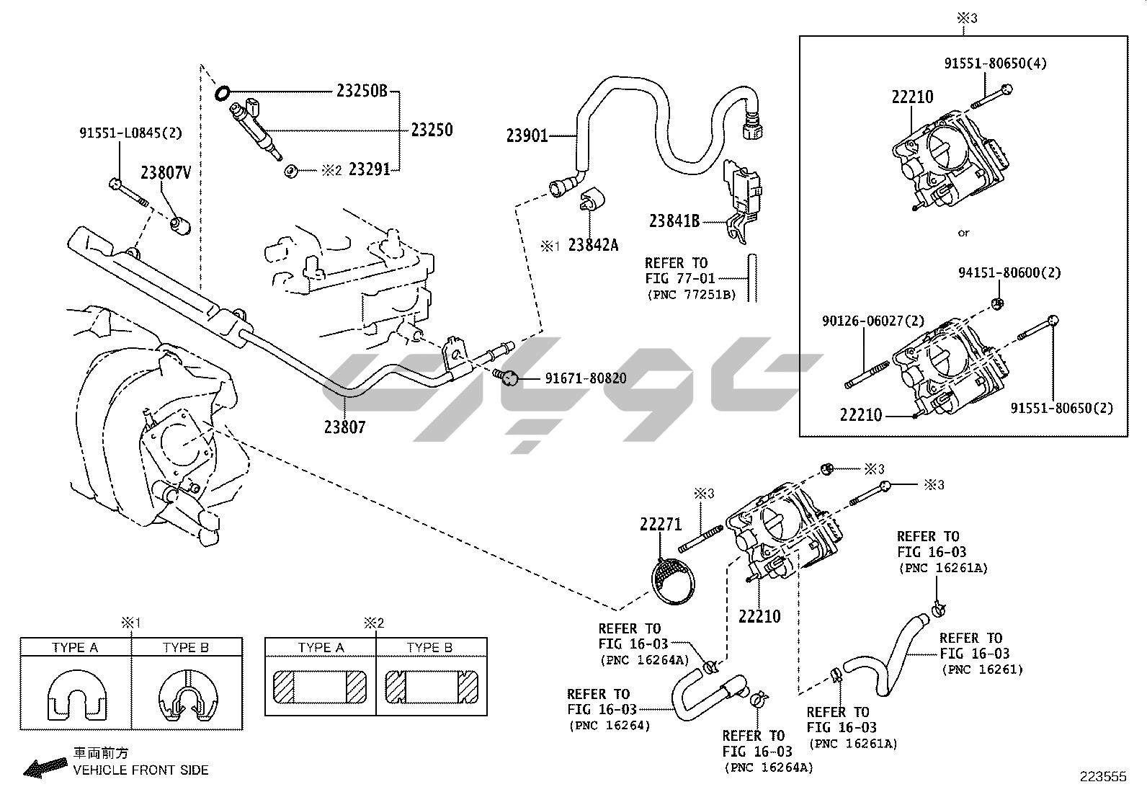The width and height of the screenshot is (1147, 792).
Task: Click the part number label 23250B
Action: click(362, 91)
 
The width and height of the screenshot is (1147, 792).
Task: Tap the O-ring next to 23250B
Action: click(223, 92)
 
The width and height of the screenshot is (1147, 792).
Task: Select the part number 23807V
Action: click(166, 172)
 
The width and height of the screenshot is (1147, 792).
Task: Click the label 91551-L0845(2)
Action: click(130, 133)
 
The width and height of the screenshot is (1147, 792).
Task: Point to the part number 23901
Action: click(527, 135)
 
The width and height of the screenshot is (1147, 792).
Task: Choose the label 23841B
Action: click(674, 221)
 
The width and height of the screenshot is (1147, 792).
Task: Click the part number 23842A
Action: click(593, 245)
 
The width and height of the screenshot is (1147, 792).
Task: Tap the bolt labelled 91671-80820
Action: click(509, 377)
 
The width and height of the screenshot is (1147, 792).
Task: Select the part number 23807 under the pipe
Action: click(344, 427)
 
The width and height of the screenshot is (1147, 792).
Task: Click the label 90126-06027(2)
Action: click(872, 321)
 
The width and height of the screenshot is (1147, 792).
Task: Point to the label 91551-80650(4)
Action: click(996, 63)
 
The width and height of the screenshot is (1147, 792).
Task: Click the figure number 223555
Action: click(1102, 776)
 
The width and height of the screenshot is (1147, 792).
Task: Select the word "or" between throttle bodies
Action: click(964, 233)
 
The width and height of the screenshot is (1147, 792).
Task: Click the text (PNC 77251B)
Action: click(690, 294)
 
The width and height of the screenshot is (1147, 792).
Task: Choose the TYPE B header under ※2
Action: click(429, 647)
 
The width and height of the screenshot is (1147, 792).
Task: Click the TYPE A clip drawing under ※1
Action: click(76, 697)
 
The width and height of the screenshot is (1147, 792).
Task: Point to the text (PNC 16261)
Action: click(982, 669)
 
